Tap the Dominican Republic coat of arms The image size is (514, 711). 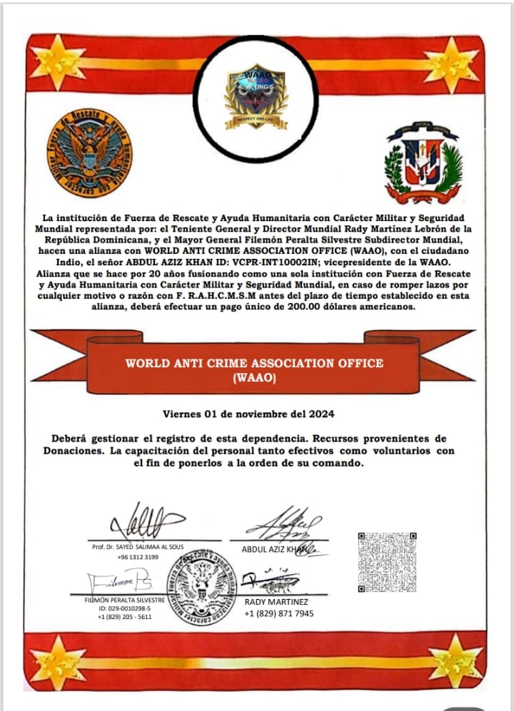pos(423,163)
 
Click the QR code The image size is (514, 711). pos(386,562)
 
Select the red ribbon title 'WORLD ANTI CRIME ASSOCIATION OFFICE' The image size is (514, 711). pos(254,362)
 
